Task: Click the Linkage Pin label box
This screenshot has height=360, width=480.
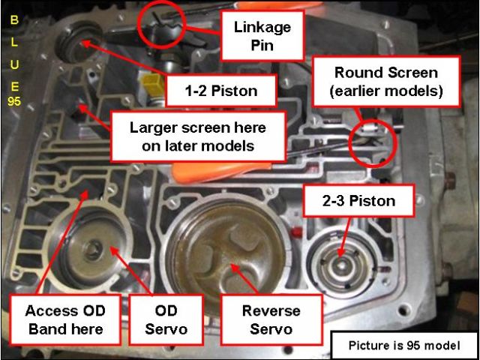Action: [x=262, y=35]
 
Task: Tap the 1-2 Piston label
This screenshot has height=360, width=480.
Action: [x=221, y=91]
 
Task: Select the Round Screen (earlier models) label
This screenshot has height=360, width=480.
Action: [x=385, y=81]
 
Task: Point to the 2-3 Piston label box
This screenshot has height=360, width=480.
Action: [x=359, y=201]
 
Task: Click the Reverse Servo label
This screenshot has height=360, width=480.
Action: [x=271, y=319]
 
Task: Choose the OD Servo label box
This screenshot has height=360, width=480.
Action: [x=166, y=319]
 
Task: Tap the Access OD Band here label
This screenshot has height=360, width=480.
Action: [x=65, y=319]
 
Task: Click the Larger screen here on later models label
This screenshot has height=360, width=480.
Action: [x=198, y=136]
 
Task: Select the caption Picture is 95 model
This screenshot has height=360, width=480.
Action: [x=403, y=346]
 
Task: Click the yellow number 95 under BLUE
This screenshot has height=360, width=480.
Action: [x=14, y=102]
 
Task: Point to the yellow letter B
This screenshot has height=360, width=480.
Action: [x=14, y=20]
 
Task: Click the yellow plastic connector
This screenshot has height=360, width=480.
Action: [x=150, y=83]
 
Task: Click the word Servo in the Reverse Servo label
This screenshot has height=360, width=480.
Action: [x=271, y=330]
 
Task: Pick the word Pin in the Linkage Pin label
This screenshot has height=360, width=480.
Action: [x=262, y=45]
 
